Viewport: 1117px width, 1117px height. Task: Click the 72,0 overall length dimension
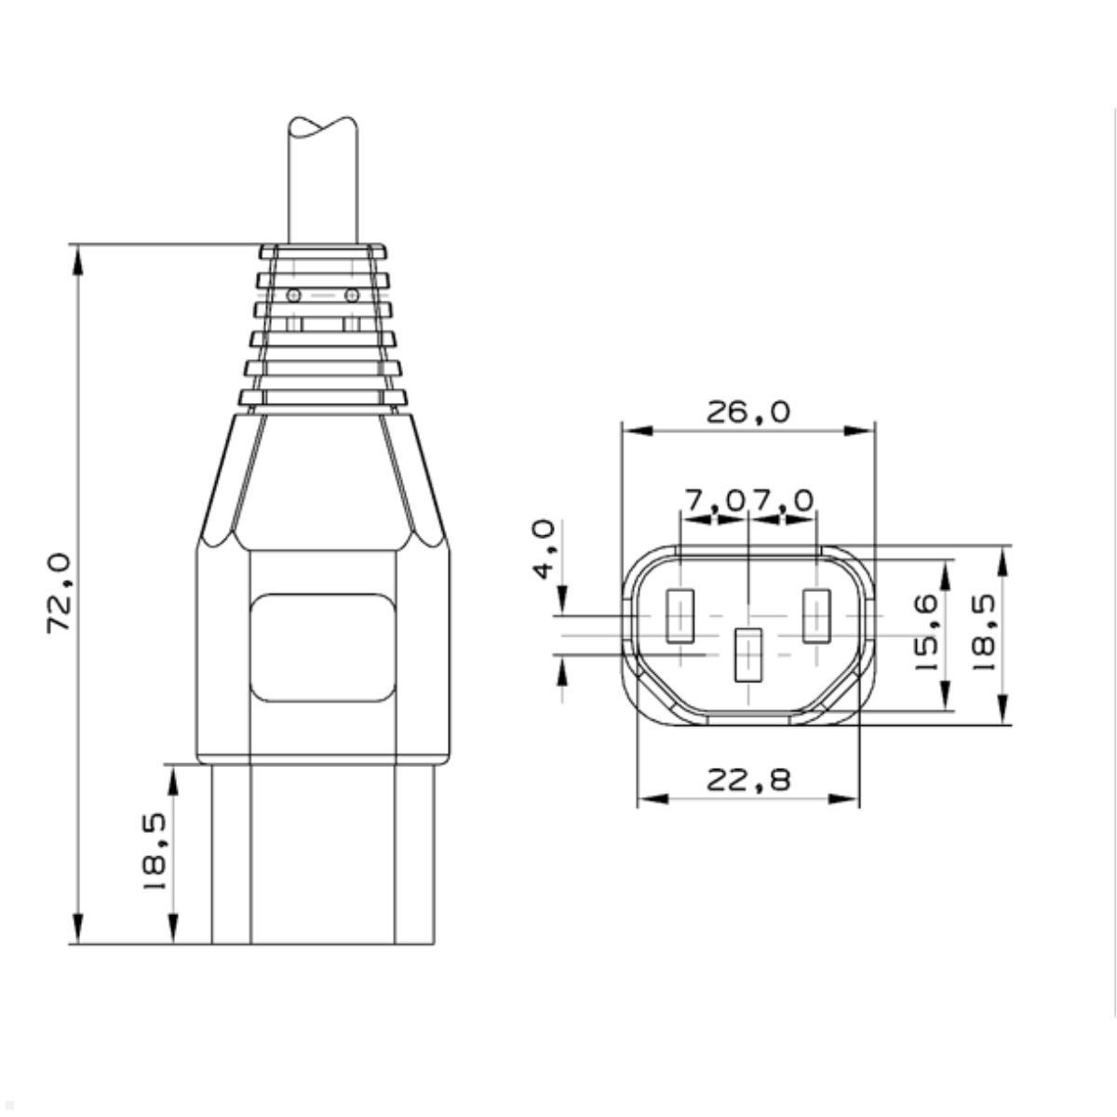(59, 593)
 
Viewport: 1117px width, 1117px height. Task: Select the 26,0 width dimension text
(747, 411)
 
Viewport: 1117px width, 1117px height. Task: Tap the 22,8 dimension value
(747, 779)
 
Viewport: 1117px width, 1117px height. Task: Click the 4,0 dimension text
(545, 549)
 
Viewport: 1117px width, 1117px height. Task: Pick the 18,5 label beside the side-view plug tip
(155, 853)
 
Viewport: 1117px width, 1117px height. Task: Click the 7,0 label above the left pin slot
(714, 501)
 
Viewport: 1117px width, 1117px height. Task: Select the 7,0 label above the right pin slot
(783, 501)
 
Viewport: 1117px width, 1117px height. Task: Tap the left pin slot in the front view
(680, 616)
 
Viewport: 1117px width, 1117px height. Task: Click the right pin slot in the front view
(816, 616)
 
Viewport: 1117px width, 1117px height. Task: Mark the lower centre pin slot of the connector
(748, 655)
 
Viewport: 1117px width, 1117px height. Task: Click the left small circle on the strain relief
(294, 295)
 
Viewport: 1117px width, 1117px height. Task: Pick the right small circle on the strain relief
(351, 295)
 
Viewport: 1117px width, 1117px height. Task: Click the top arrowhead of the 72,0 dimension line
(78, 261)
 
